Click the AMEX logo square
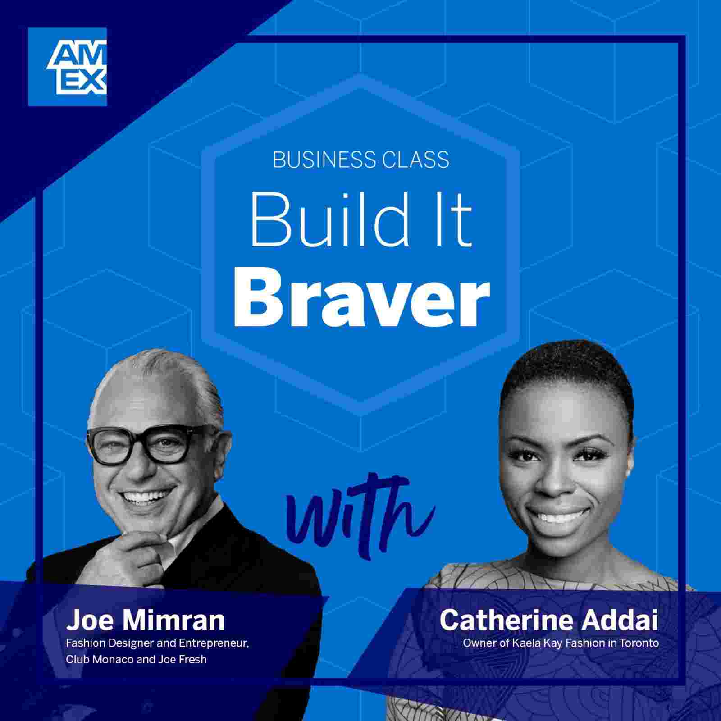[67, 67]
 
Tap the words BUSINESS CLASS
[361, 160]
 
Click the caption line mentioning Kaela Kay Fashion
[561, 643]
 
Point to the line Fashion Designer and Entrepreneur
[157, 643]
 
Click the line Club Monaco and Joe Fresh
[136, 659]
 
